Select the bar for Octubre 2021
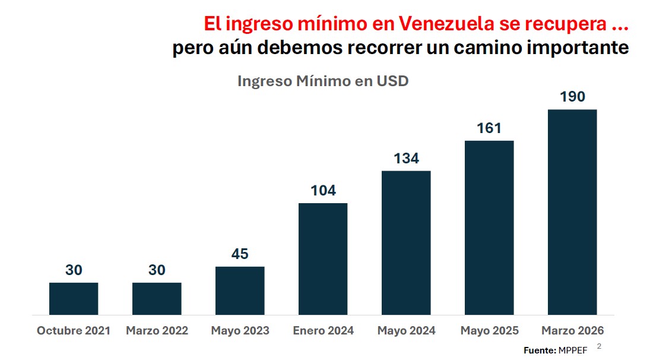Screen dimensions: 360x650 (74, 298)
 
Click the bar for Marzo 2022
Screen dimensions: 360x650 (157, 298)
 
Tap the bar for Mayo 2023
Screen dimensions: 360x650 (240, 290)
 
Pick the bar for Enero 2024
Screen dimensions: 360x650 (323, 258)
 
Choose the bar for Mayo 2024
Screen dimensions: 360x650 (406, 242)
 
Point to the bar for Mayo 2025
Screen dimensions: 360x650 (489, 228)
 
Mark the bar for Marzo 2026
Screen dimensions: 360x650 (572, 212)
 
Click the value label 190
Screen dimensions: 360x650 (572, 97)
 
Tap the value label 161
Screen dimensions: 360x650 (489, 128)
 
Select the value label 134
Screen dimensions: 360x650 (406, 159)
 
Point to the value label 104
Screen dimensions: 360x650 (323, 191)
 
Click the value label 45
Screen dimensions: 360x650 (240, 254)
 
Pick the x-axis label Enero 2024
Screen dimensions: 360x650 (323, 331)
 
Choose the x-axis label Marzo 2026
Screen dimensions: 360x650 (572, 331)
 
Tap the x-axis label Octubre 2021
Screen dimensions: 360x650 (74, 331)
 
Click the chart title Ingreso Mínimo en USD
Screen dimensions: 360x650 (323, 81)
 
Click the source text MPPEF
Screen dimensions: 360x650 (573, 350)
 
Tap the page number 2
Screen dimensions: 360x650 (599, 346)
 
